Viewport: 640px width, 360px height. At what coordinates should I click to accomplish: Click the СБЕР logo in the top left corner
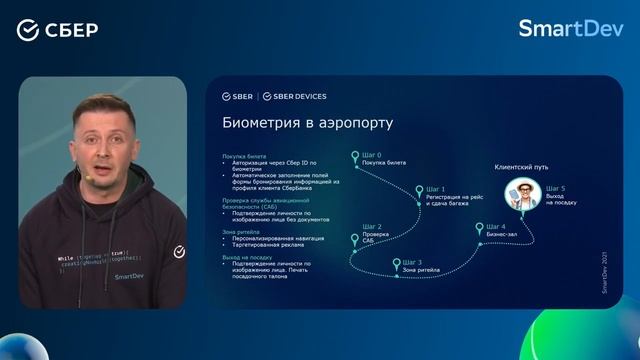[x=57, y=29]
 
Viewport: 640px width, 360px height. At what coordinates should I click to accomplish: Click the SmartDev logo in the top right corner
[x=570, y=28]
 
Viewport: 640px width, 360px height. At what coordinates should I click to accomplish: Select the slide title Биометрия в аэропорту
[x=307, y=124]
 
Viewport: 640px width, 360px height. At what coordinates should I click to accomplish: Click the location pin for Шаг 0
[x=355, y=157]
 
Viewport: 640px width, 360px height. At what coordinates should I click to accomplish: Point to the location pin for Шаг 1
[x=420, y=188]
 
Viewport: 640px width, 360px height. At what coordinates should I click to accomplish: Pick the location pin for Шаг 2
[x=355, y=239]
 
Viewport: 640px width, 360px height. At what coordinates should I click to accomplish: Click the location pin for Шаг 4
[x=480, y=228]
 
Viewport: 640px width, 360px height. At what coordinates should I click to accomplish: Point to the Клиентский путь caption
[x=521, y=167]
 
